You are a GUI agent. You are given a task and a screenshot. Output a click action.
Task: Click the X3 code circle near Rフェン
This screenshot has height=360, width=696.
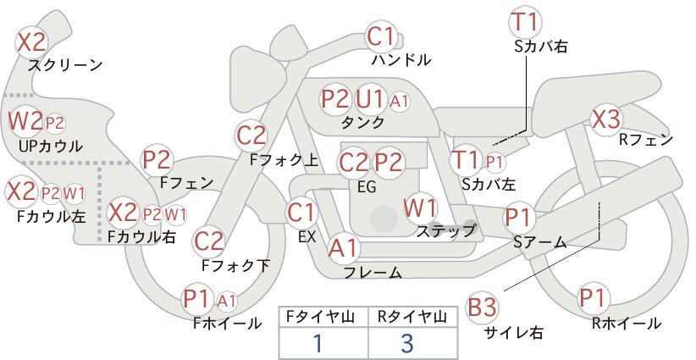click(606, 119)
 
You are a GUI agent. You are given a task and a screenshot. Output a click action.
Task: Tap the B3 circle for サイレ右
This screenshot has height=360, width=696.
click(482, 307)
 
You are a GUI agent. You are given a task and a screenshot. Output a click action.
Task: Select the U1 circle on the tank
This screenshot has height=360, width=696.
click(370, 98)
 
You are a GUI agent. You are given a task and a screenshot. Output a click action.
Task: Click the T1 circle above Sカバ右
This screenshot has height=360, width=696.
click(526, 22)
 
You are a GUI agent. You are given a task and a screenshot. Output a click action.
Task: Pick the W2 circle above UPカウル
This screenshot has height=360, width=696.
click(25, 121)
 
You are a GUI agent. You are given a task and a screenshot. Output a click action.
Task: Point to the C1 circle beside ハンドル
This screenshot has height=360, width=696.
click(381, 37)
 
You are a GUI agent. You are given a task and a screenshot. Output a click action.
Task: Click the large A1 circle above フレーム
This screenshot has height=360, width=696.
click(343, 248)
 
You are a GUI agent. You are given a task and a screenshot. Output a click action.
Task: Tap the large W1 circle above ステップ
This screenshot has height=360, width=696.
click(420, 208)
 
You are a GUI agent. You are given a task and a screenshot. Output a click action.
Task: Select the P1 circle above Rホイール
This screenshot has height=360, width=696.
click(593, 297)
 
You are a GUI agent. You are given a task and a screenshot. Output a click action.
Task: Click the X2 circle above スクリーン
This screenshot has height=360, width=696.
click(31, 42)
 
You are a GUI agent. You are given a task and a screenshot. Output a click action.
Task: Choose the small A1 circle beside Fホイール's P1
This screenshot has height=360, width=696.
click(226, 302)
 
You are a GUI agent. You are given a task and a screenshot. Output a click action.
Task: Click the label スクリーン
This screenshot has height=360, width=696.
click(66, 65)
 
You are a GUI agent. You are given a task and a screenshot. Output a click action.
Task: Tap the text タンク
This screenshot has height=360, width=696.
click(362, 122)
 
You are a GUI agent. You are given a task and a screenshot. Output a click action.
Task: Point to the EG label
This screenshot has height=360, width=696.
click(367, 187)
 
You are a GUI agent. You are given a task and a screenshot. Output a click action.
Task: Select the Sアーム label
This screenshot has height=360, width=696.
click(540, 242)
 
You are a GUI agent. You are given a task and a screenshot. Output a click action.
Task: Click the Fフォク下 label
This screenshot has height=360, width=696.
click(235, 265)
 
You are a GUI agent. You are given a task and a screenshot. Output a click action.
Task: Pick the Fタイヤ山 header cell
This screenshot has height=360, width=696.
click(323, 317)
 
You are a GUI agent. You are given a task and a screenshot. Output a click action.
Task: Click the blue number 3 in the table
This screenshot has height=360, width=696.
click(407, 343)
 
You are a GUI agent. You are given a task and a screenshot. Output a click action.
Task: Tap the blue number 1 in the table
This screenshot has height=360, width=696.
click(318, 343)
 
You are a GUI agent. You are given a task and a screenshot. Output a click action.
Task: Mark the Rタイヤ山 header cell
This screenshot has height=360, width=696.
click(413, 317)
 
